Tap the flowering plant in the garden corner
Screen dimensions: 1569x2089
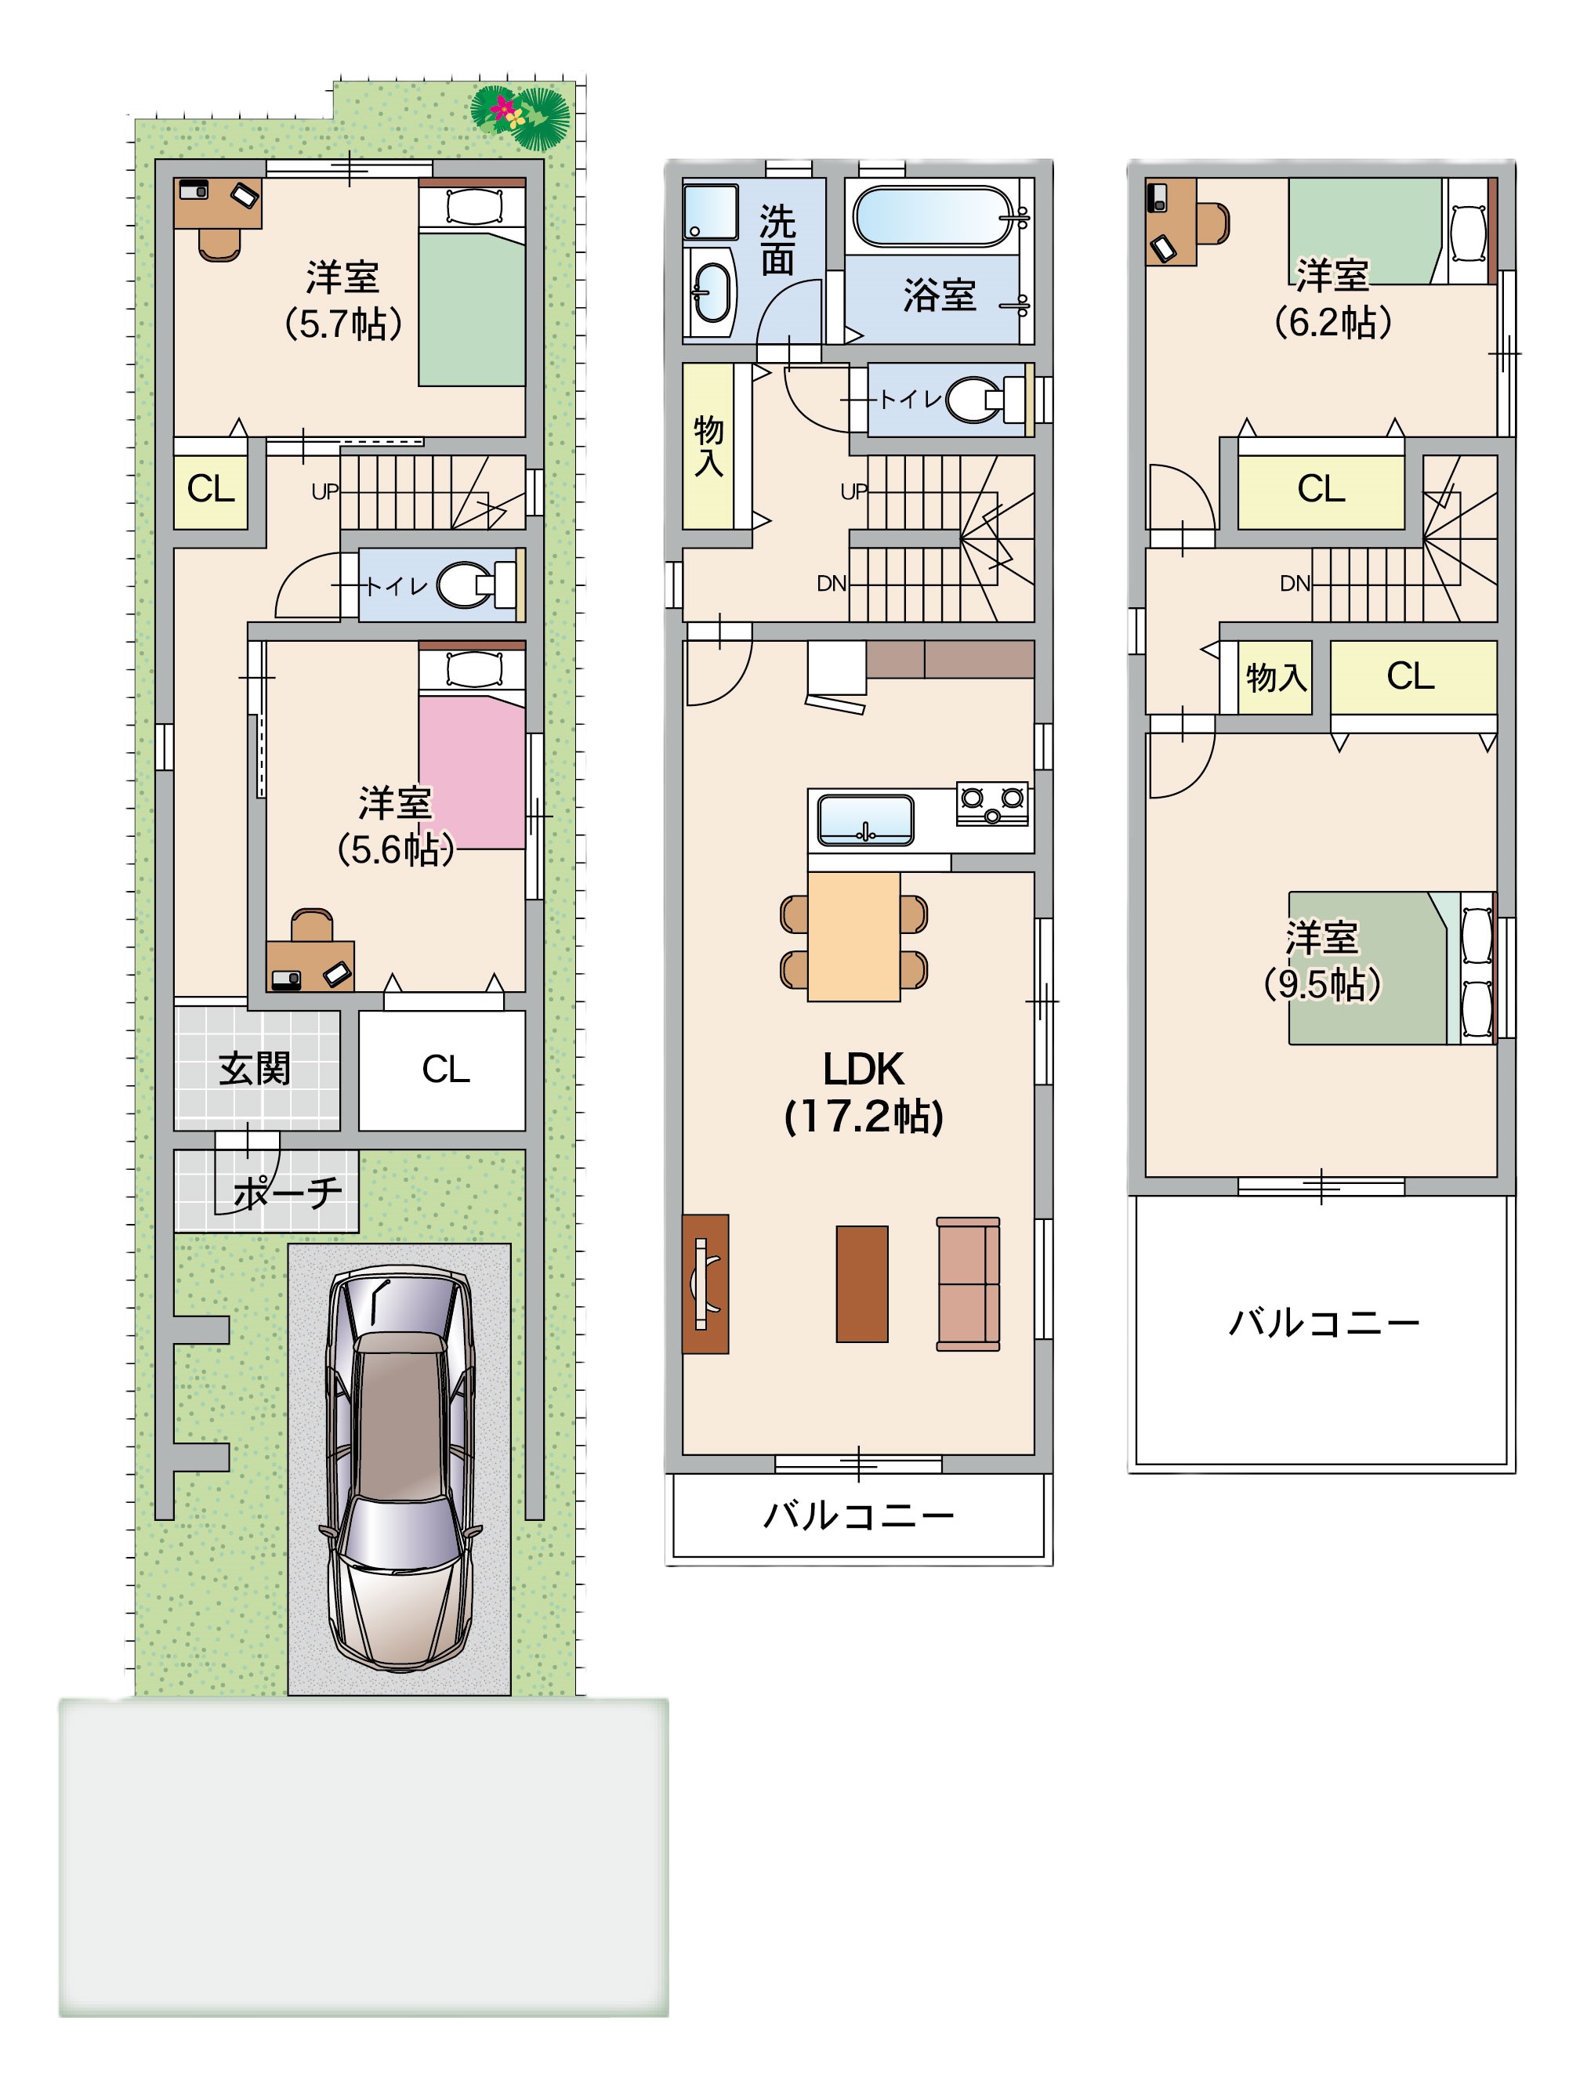(x=520, y=116)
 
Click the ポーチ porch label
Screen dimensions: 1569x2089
(x=288, y=1193)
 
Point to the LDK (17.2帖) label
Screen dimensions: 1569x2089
(x=864, y=1092)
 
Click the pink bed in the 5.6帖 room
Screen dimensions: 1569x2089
(x=471, y=772)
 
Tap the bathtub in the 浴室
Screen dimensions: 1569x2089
(x=933, y=217)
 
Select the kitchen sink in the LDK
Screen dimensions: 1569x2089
(x=865, y=819)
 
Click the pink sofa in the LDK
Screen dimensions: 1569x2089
(x=968, y=1283)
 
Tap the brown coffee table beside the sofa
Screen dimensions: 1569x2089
(x=861, y=1283)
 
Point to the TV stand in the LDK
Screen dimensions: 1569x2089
(x=705, y=1283)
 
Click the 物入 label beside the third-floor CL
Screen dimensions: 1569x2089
(x=1276, y=677)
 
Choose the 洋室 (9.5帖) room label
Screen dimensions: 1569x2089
(x=1322, y=961)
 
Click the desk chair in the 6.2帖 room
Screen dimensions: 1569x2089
(x=1213, y=224)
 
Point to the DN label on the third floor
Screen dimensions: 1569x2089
(x=1295, y=584)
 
